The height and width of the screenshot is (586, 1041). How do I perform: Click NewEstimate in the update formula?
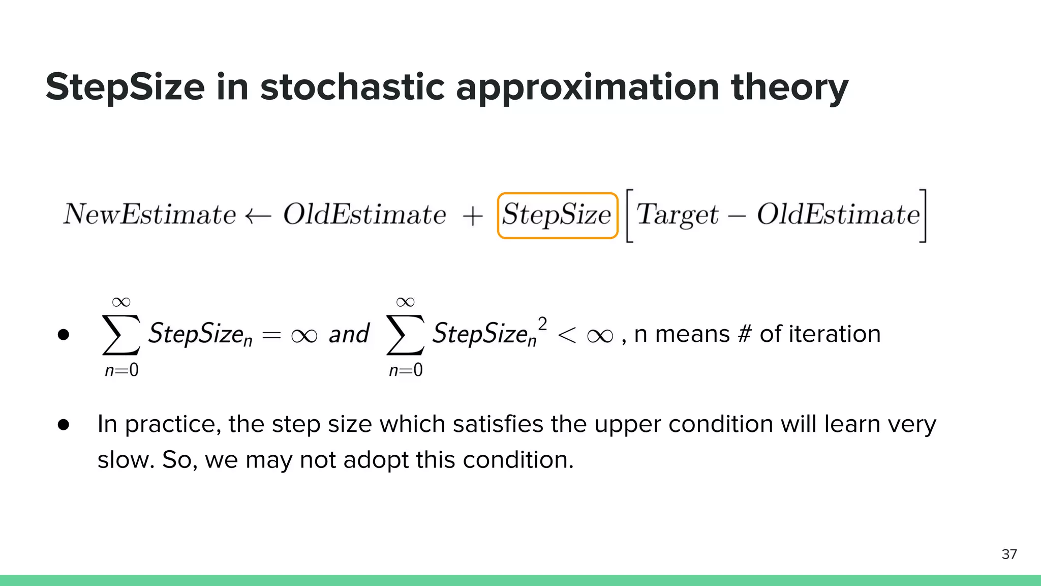[149, 214]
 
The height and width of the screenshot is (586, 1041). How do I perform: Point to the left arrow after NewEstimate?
[258, 216]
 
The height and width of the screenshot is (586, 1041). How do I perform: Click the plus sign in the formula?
[473, 216]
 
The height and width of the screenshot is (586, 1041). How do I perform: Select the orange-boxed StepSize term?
[557, 215]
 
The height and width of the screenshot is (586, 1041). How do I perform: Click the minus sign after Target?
[737, 216]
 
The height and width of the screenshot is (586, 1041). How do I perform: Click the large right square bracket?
[923, 216]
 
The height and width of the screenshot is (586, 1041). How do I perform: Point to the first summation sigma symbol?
[120, 334]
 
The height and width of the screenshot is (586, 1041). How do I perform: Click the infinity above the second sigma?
[405, 302]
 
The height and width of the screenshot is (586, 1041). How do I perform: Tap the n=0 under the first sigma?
[121, 370]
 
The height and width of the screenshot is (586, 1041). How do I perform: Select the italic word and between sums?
[349, 334]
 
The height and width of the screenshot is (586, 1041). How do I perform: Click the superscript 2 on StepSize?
[542, 324]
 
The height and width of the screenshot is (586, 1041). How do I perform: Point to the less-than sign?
[567, 335]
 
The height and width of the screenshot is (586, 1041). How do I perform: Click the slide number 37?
[1009, 554]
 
